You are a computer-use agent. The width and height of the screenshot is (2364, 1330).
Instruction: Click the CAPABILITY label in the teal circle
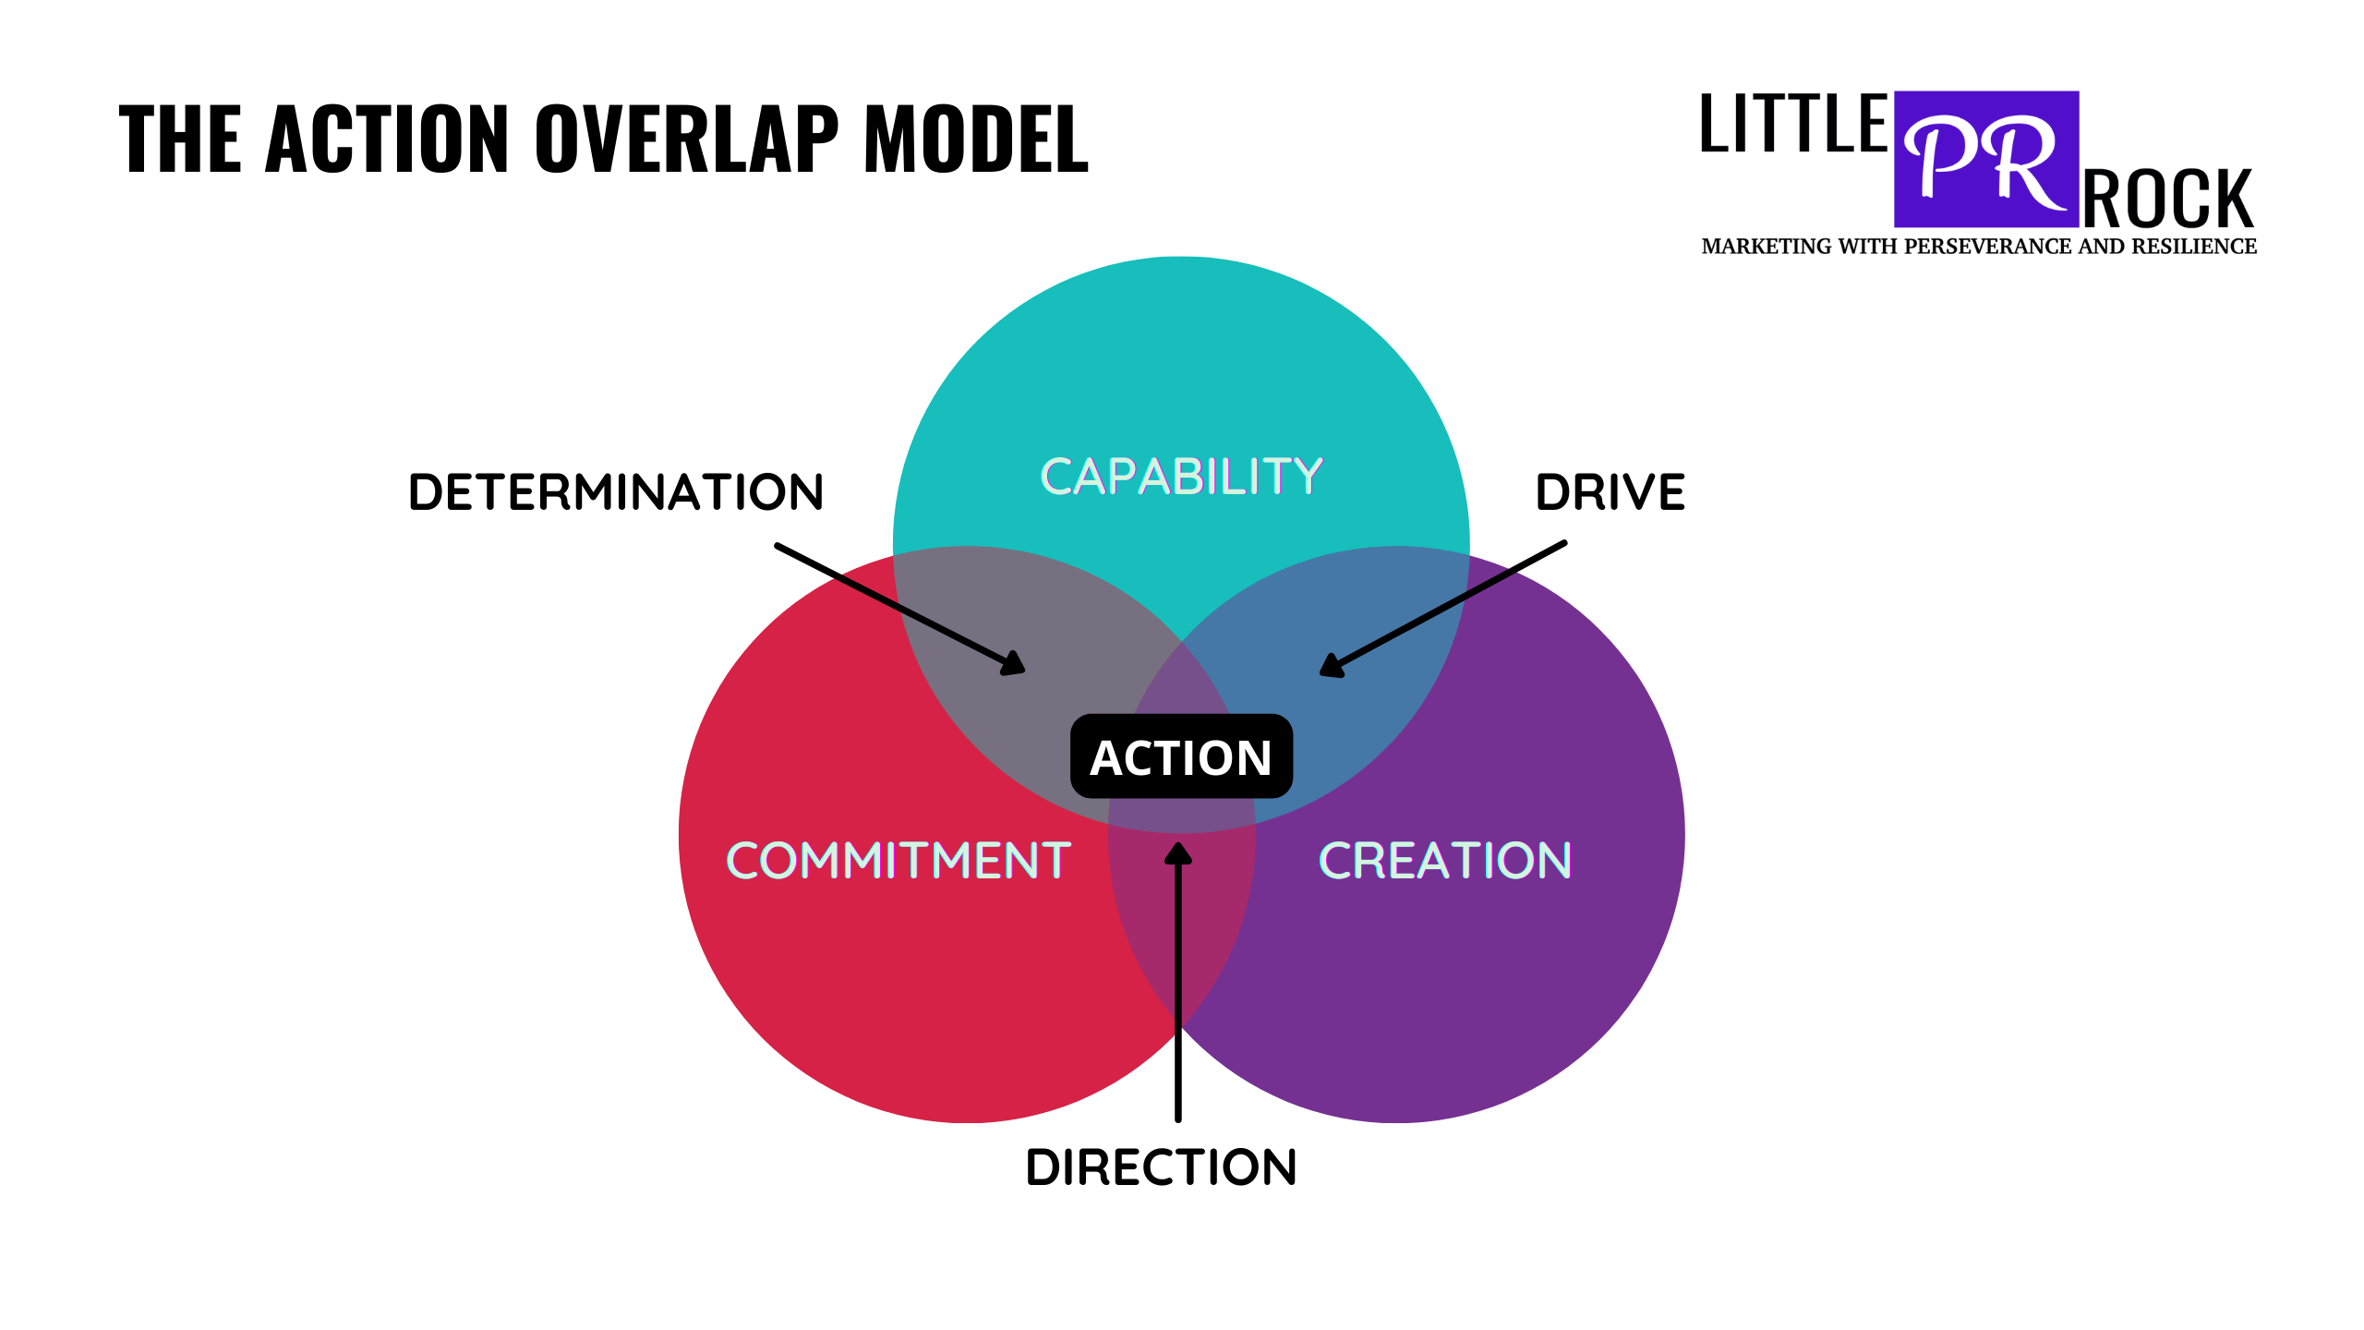(x=1181, y=477)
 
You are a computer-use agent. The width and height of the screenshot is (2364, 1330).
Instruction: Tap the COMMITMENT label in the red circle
(x=899, y=861)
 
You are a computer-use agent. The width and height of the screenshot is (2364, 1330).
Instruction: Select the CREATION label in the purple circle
(x=1444, y=861)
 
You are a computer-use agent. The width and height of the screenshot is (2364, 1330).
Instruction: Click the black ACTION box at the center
(x=1181, y=756)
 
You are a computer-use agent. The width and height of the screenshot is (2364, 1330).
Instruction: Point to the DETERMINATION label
(x=616, y=492)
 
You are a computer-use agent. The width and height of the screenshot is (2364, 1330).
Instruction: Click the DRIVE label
(x=1610, y=492)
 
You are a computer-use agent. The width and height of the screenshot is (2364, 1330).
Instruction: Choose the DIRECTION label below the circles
(x=1161, y=1167)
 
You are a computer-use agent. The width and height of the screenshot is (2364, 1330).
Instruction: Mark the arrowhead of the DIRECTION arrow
(x=1177, y=853)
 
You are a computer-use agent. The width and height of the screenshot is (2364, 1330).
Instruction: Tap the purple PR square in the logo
(x=1986, y=159)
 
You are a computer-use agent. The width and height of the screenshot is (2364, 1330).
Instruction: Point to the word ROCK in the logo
(x=2168, y=199)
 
